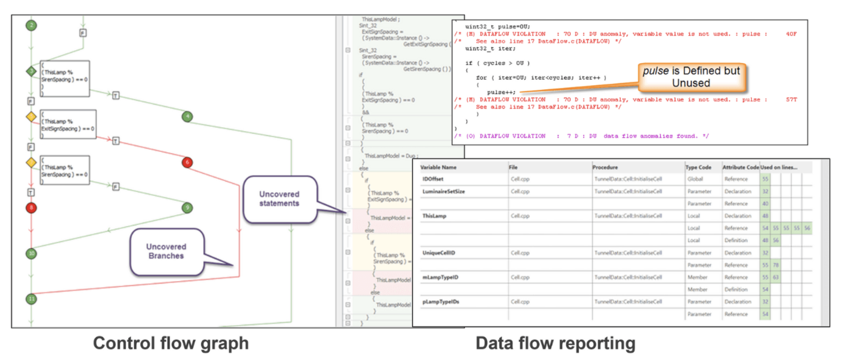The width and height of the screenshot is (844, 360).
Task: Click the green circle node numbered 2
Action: (x=31, y=26)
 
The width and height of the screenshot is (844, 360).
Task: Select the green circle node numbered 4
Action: (x=187, y=117)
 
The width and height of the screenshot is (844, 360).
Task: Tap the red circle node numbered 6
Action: (x=187, y=162)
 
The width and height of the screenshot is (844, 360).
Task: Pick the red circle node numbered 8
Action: (x=31, y=208)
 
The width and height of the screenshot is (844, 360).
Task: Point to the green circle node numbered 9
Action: (x=187, y=208)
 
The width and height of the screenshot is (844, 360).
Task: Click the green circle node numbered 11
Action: (x=31, y=299)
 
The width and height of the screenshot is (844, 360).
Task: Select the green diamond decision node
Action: (x=31, y=71)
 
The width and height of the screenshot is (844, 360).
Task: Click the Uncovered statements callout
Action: (x=279, y=199)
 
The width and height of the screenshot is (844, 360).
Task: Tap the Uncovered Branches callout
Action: (x=167, y=252)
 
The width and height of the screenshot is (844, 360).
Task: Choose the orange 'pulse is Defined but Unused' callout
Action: (x=691, y=77)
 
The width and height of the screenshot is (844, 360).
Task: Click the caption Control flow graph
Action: (x=171, y=343)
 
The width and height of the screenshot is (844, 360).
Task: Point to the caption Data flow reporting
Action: (x=555, y=343)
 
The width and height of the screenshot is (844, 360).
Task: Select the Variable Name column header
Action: (x=438, y=167)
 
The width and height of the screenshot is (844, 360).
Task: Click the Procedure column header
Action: (x=605, y=167)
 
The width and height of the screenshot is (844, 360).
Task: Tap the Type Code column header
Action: (x=698, y=167)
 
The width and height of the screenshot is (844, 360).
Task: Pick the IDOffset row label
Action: (x=433, y=179)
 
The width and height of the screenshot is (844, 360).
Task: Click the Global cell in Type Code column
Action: (x=695, y=179)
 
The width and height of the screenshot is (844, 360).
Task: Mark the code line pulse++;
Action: (x=501, y=92)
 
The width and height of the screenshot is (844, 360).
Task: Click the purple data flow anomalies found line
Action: (x=582, y=136)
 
